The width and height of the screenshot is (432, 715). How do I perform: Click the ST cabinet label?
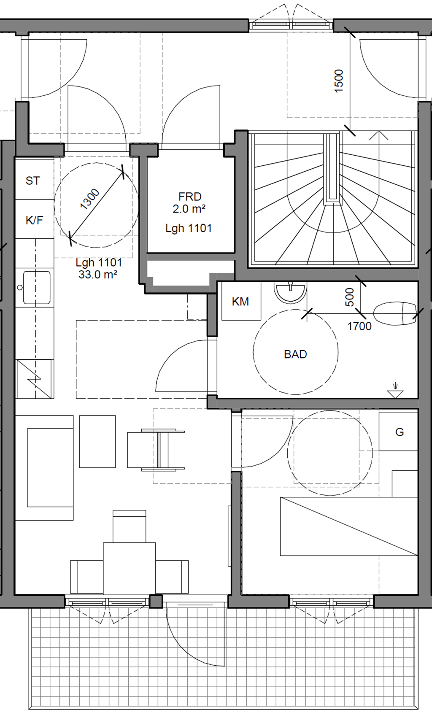point(32,181)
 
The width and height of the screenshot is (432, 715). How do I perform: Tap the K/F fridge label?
point(34,220)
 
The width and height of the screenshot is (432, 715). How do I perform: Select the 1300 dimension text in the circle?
point(90,200)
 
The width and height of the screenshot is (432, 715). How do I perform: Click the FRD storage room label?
point(190,197)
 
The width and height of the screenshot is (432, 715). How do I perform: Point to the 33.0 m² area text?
point(98,275)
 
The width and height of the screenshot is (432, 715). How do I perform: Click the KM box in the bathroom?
point(240,302)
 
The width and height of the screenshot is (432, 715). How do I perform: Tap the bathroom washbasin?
point(290,292)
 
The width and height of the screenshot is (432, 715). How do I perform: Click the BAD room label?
point(295,354)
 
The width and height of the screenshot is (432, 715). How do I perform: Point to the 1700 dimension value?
point(359,326)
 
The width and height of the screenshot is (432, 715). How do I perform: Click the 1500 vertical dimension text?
point(338,81)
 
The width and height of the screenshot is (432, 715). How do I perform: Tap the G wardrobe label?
point(400,432)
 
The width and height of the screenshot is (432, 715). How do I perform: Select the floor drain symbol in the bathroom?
point(395,390)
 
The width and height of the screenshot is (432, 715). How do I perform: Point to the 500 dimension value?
point(350,297)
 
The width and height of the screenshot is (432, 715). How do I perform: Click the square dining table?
point(130,568)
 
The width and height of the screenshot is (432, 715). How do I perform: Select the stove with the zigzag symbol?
point(34,379)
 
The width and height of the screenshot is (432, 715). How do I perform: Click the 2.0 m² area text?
point(189,209)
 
